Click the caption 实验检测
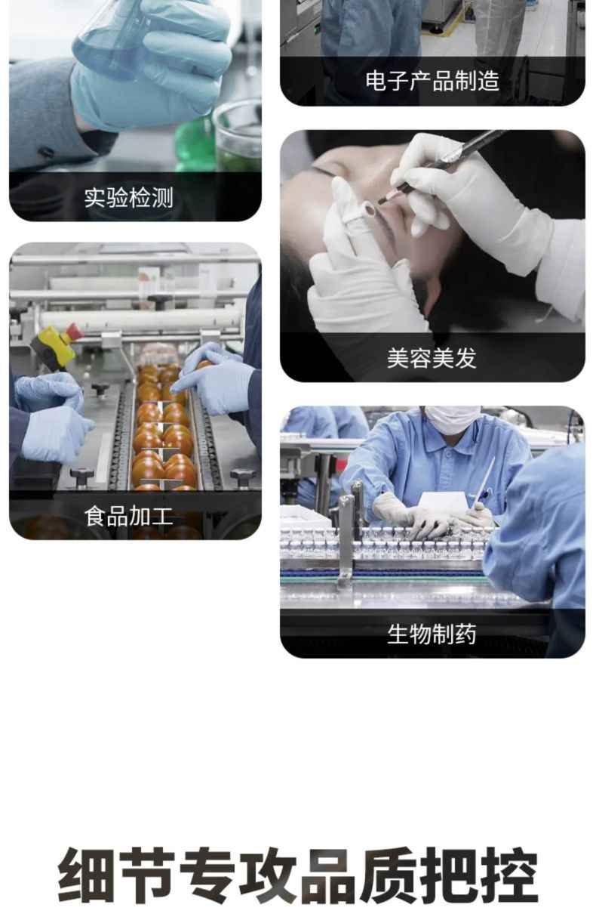tap(128, 198)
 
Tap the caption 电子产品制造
tap(432, 81)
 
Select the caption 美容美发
tap(432, 357)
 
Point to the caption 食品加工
tap(128, 517)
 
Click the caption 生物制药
tap(432, 634)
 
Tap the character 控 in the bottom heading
tap(508, 876)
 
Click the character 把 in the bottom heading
tap(449, 876)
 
